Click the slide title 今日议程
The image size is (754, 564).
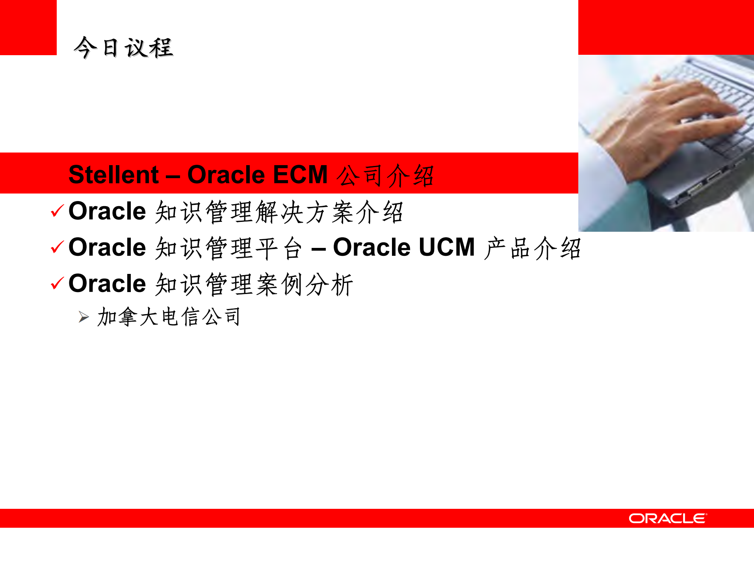(123, 48)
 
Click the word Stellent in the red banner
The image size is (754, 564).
(113, 175)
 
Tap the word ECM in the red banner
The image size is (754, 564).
(300, 175)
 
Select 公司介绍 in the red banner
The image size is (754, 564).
(385, 175)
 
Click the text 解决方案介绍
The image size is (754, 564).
(329, 212)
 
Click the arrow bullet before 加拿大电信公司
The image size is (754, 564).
(84, 317)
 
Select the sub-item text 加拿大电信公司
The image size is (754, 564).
(169, 317)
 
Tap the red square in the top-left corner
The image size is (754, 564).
(28, 27)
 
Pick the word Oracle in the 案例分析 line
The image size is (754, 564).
(107, 283)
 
